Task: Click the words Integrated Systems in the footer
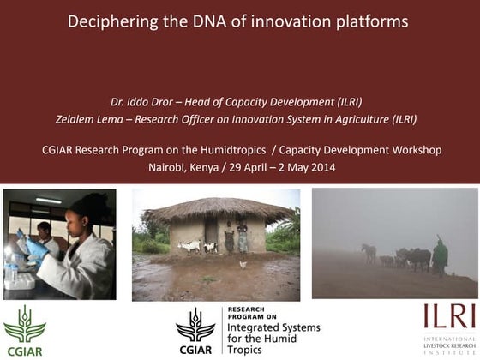pos(270,329)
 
